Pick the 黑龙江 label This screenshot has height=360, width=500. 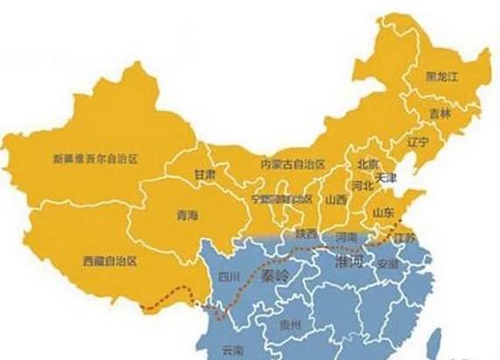441,77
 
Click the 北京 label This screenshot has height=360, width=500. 367,164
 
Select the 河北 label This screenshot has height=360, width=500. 363,185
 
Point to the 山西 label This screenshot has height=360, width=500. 335,200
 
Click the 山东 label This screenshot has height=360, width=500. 383,213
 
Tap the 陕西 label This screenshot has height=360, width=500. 306,234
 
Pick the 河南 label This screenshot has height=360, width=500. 347,237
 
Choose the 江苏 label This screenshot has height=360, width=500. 405,238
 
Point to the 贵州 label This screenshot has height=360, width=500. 289,324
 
